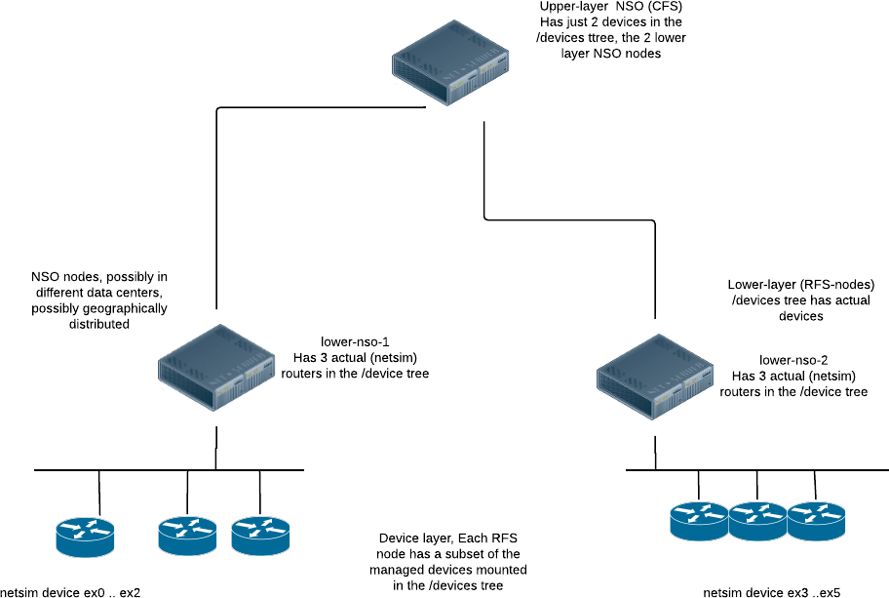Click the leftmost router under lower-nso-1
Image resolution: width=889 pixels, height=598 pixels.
point(85,534)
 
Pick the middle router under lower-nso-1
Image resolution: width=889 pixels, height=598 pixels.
point(187,534)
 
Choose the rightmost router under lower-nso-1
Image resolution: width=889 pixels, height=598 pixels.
point(260,534)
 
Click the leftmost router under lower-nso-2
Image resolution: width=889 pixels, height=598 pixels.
point(699,521)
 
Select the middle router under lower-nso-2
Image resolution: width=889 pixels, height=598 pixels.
point(757,521)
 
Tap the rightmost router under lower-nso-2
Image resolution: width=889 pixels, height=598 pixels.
point(817,521)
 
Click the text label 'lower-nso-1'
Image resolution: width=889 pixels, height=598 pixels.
point(356,341)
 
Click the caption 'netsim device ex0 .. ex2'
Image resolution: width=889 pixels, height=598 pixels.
point(70,591)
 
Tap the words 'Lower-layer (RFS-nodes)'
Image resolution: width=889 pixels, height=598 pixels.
point(801,285)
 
